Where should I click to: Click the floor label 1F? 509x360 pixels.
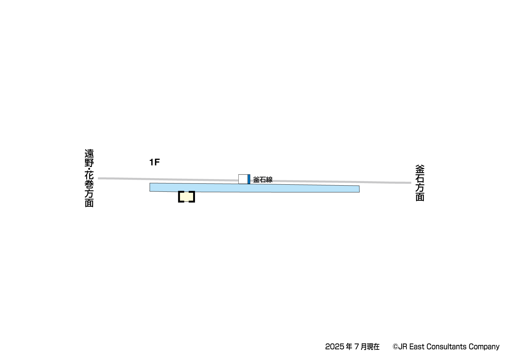coord(154,162)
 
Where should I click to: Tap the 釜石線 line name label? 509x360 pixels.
coord(263,180)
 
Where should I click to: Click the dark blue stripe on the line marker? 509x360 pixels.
coord(249,179)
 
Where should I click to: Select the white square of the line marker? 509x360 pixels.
coord(243,179)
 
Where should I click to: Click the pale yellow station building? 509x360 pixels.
coord(186,197)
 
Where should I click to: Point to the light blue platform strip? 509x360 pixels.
coord(254,188)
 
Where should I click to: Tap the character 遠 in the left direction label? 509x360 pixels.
coord(89,154)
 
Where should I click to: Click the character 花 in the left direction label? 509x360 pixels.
coord(89,176)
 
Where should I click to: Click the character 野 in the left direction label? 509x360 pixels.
coord(89,163)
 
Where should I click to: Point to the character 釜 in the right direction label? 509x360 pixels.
coord(420,169)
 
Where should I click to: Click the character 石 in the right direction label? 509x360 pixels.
coord(420,178)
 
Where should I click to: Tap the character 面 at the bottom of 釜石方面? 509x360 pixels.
coord(420,197)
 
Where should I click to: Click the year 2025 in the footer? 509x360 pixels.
coord(334,347)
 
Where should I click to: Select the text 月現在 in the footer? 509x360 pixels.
coord(370,347)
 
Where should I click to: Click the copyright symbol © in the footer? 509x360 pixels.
coord(395,347)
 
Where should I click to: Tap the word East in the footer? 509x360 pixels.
coord(417,347)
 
